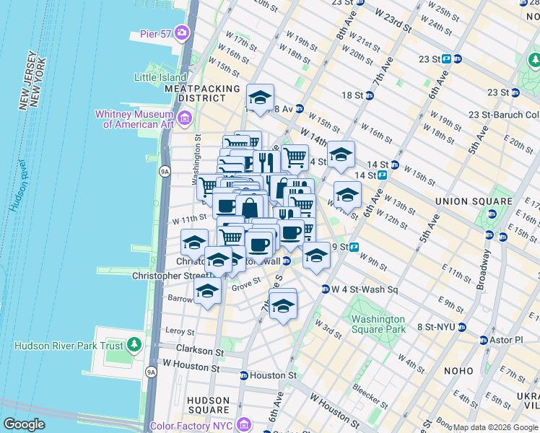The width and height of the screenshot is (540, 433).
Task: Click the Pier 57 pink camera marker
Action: pyautogui.click(x=181, y=32)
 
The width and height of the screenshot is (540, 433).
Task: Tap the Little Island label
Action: pyautogui.click(x=160, y=76)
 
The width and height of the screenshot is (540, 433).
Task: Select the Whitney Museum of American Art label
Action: pyautogui.click(x=138, y=119)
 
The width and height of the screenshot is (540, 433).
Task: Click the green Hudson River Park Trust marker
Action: pyautogui.click(x=134, y=345)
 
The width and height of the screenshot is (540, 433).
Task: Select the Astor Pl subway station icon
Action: pyautogui.click(x=483, y=339)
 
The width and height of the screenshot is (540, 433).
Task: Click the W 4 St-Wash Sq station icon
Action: pyautogui.click(x=326, y=289)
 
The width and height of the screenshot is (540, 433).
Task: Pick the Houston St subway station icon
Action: pyautogui.click(x=244, y=376)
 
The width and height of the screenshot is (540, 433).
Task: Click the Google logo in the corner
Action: pyautogui.click(x=25, y=424)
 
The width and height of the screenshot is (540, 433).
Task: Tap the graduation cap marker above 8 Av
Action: pyautogui.click(x=260, y=97)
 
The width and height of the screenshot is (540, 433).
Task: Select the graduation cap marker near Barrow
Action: pyautogui.click(x=207, y=291)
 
